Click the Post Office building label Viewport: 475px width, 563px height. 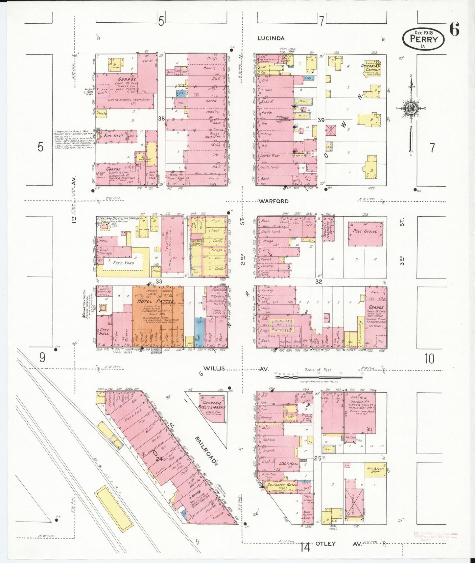[365, 231]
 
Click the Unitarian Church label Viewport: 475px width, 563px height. [371, 68]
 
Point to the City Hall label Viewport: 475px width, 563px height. [105, 332]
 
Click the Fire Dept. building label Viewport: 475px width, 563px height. [113, 136]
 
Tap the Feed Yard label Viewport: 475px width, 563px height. [124, 263]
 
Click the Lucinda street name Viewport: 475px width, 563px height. [271, 38]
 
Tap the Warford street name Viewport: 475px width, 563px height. [273, 201]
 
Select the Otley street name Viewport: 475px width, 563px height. [325, 544]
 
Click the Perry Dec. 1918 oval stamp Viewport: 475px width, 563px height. [423, 39]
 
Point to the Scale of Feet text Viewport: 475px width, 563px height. [318, 370]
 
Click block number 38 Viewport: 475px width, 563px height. [161, 119]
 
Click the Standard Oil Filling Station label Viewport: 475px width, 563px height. [118, 218]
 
